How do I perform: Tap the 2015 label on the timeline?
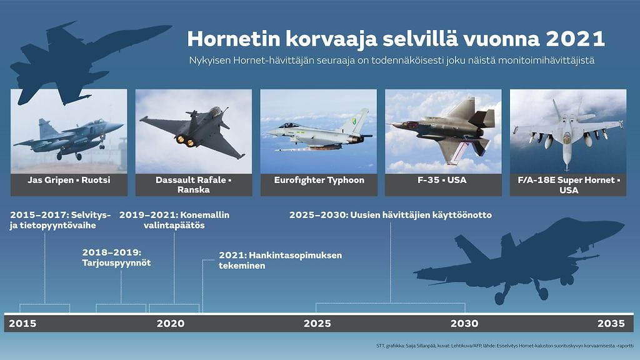(x=22, y=324)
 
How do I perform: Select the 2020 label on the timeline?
(x=170, y=324)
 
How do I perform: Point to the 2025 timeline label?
(x=317, y=324)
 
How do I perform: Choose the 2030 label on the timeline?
(x=464, y=324)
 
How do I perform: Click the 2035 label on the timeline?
(x=611, y=324)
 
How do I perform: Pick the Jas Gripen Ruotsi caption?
(x=69, y=181)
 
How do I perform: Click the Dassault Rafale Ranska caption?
(x=194, y=185)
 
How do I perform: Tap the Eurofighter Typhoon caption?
(x=319, y=181)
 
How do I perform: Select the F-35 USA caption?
(x=443, y=181)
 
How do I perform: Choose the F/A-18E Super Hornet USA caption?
(x=568, y=185)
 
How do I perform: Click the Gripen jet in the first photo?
(x=69, y=137)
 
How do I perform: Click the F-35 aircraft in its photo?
(x=446, y=128)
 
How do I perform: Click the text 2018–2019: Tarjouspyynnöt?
(x=116, y=257)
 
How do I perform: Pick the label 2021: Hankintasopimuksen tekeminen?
(x=280, y=260)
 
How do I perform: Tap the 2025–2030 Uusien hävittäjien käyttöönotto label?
(x=391, y=215)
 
